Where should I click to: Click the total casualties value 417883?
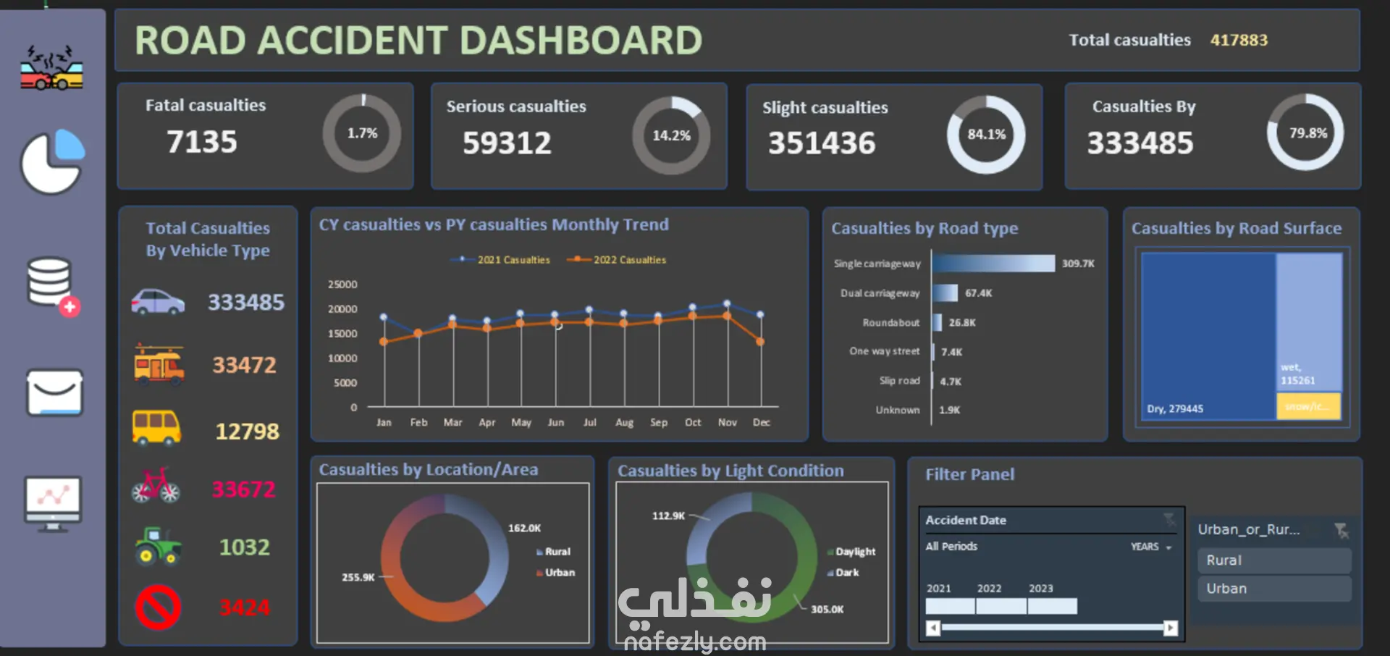pyautogui.click(x=1239, y=41)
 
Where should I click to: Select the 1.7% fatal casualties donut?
pyautogui.click(x=362, y=133)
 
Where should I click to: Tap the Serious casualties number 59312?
pyautogui.click(x=507, y=143)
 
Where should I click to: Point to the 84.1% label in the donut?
pyautogui.click(x=987, y=135)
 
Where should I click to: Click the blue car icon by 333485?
pyautogui.click(x=158, y=302)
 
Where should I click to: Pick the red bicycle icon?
pyautogui.click(x=156, y=486)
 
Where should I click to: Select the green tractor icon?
pyautogui.click(x=158, y=546)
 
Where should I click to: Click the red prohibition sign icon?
pyautogui.click(x=158, y=607)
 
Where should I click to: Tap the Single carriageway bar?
pyautogui.click(x=993, y=264)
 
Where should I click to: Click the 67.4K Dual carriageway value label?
pyautogui.click(x=978, y=293)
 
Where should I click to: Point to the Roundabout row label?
pyautogui.click(x=890, y=323)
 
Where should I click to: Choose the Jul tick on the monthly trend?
pyautogui.click(x=590, y=422)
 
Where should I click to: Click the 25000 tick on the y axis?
pyautogui.click(x=342, y=285)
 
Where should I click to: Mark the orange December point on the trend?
pyautogui.click(x=760, y=342)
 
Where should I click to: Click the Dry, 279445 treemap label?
pyautogui.click(x=1175, y=409)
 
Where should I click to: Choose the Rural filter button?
pyautogui.click(x=1273, y=560)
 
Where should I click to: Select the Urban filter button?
pyautogui.click(x=1273, y=589)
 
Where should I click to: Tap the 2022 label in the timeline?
pyautogui.click(x=989, y=589)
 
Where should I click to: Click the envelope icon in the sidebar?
pyautogui.click(x=55, y=393)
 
